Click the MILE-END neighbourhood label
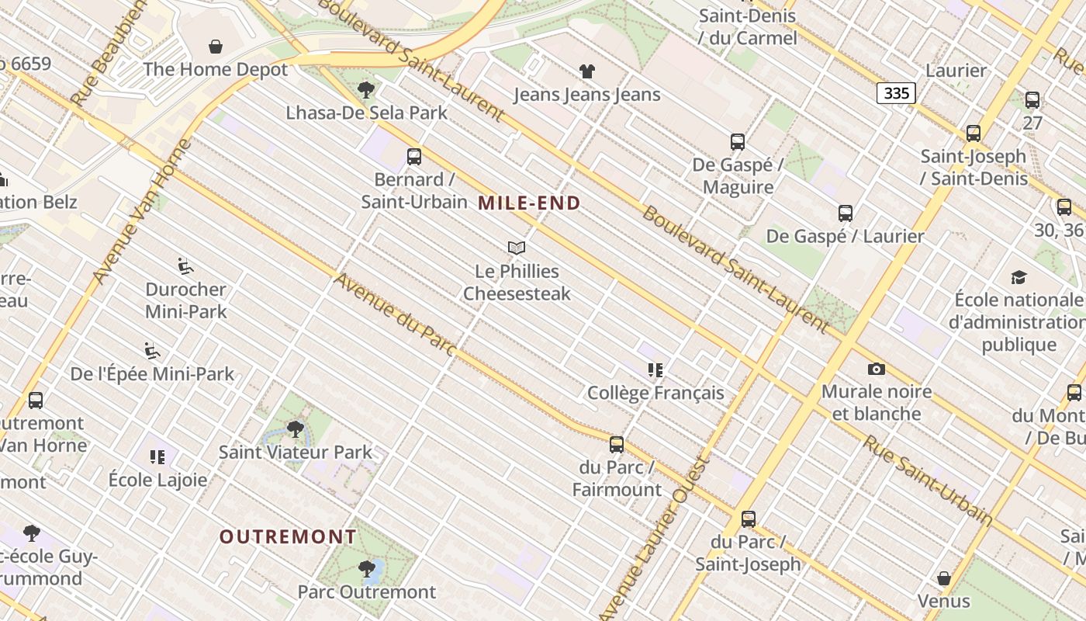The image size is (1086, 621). [529, 203]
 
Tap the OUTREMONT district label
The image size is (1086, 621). [288, 536]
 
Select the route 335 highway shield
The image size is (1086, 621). [896, 93]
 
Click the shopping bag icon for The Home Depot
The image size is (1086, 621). [216, 47]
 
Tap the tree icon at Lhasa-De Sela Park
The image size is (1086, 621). [366, 90]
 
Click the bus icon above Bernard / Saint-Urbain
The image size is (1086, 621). [414, 157]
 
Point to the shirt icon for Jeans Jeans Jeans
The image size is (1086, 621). [587, 71]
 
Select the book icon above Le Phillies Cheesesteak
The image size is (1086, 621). [517, 248]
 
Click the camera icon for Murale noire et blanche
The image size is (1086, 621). [877, 369]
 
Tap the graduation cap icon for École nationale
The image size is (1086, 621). [1019, 277]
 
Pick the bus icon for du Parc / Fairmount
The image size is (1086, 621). [617, 445]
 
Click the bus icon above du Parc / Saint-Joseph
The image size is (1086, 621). [749, 519]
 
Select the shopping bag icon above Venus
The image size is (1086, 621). [944, 578]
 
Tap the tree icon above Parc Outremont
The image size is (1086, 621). [367, 569]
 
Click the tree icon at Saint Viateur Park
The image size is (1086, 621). [295, 428]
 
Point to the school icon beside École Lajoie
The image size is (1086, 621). [157, 457]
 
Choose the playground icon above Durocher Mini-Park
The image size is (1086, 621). [185, 266]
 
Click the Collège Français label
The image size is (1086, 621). [655, 393]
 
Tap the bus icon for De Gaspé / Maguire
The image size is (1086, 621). [738, 142]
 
